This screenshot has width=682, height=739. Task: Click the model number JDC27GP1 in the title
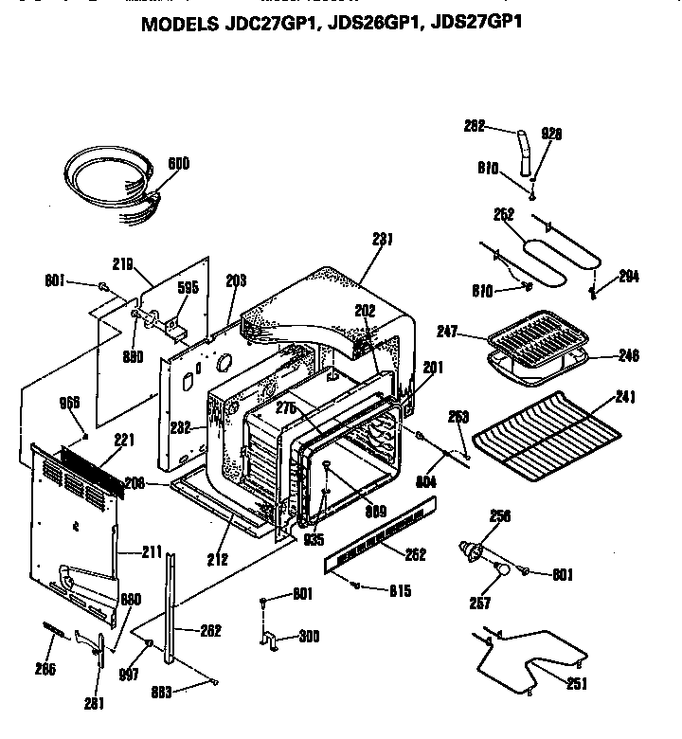[267, 24]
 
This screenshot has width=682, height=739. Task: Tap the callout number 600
[178, 164]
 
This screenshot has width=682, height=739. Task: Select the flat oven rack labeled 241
[545, 437]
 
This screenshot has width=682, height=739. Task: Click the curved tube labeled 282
[524, 153]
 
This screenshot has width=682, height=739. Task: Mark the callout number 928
[551, 135]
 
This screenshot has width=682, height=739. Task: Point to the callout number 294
[628, 277]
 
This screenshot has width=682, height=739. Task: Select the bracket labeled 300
[269, 641]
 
